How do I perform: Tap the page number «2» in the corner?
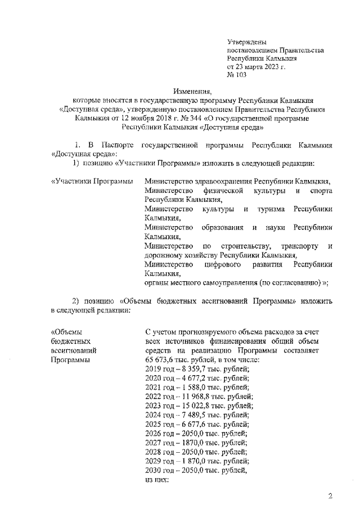pos(331,496)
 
